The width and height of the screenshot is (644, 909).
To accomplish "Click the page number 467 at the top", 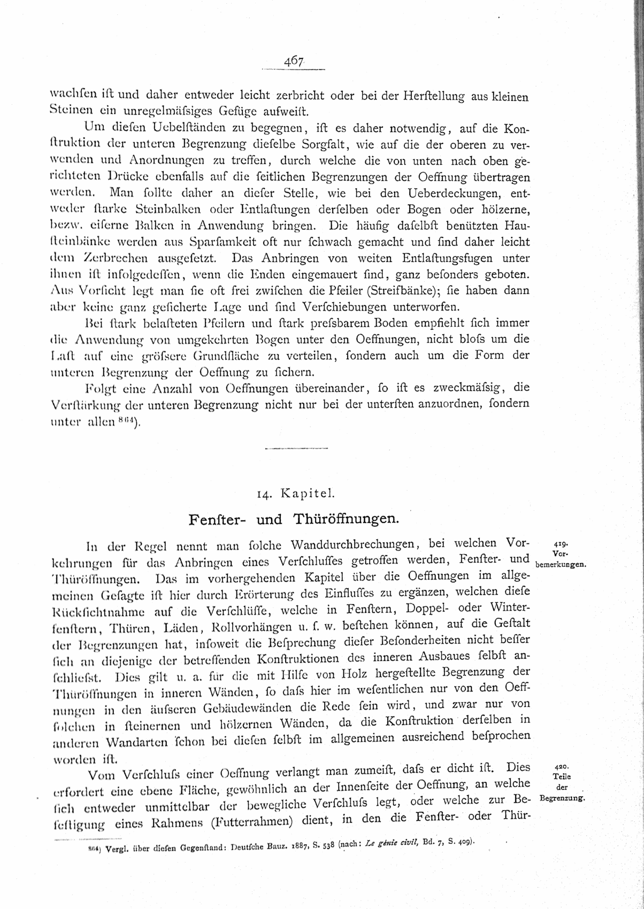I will click(294, 61).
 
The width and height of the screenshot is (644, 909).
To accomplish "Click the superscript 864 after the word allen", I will click(127, 420).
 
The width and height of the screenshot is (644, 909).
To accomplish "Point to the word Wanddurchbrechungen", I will click(353, 545).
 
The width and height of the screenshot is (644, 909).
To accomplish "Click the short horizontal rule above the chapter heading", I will click(296, 448).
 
